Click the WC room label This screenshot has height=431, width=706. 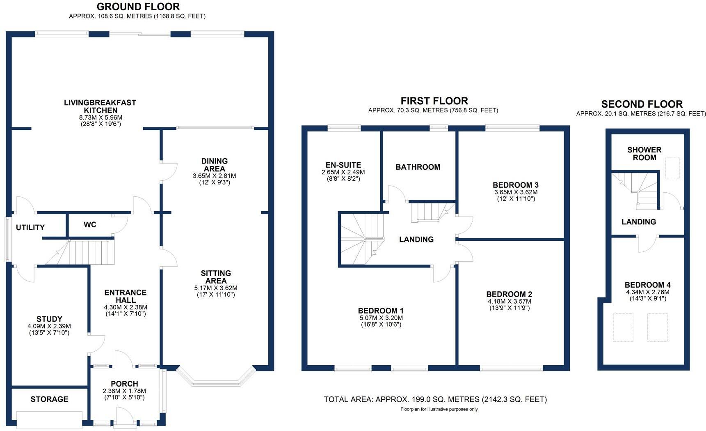90,224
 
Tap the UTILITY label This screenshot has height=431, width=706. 30,227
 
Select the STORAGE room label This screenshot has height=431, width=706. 49,399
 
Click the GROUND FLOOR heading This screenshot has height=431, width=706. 138,7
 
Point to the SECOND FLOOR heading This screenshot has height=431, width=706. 642,104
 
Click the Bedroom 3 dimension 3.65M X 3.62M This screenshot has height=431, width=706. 516,192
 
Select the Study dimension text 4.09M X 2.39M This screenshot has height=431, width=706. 49,326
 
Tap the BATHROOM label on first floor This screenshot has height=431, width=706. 418,167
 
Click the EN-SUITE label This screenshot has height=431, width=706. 343,165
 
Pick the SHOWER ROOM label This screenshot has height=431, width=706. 644,154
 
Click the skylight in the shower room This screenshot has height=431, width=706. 672,168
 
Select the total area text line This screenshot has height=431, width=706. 435,399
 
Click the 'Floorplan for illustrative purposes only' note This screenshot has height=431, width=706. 439,409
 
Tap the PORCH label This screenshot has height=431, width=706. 124,384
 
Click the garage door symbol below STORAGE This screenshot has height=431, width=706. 49,419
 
